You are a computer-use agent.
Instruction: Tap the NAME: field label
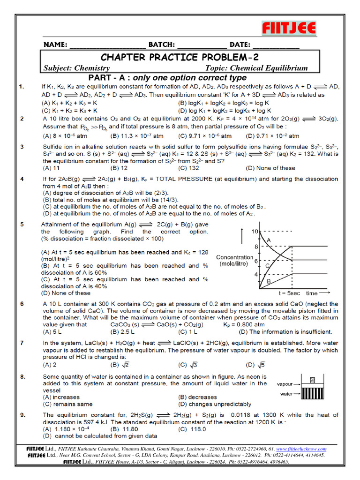point(56,45)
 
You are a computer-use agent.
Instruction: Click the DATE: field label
point(240,45)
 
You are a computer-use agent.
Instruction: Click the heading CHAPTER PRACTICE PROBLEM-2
point(180,57)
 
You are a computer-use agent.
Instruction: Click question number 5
point(21,225)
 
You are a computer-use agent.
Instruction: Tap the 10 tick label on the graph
point(255,232)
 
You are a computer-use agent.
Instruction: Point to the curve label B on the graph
point(268,281)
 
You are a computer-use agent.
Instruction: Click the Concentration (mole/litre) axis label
point(234,261)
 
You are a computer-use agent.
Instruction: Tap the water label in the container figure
point(286,394)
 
